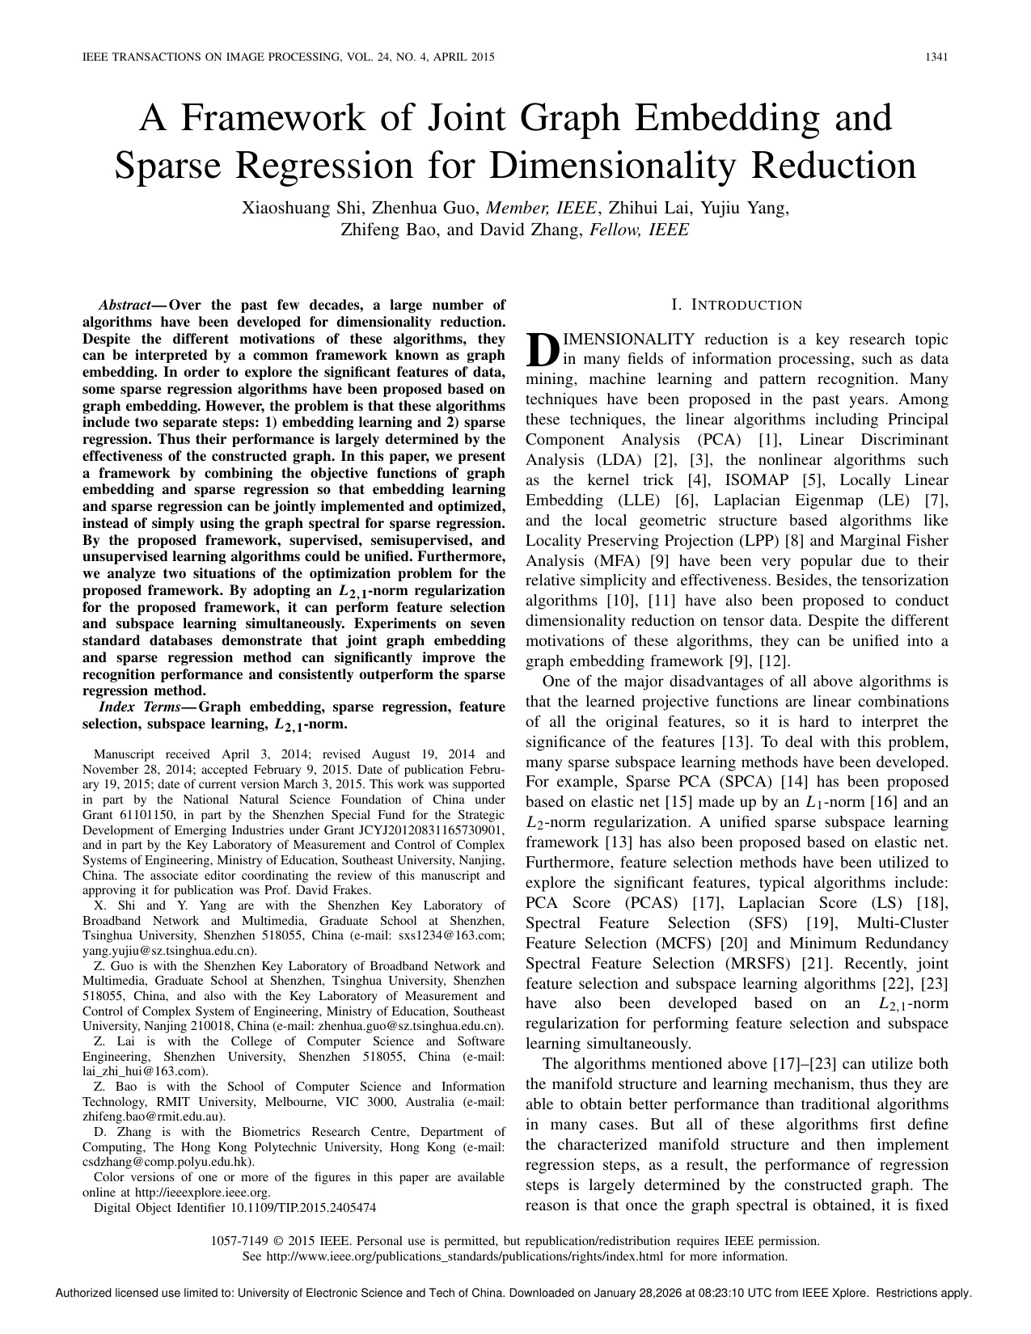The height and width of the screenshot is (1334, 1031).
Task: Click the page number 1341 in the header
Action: pos(936,57)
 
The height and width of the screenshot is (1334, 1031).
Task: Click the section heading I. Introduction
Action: pos(737,305)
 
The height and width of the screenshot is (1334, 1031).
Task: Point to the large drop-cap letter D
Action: pos(542,348)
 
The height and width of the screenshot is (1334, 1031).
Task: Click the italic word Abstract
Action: pos(125,305)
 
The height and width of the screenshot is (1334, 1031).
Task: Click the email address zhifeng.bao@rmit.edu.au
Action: pos(152,1117)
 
